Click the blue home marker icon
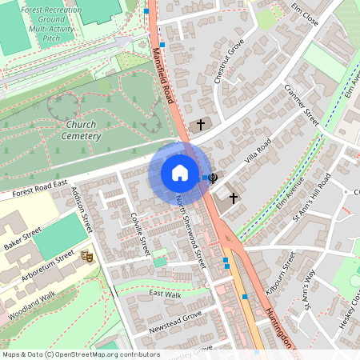179,173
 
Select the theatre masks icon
87,256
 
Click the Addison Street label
83,210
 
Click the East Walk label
166,294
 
